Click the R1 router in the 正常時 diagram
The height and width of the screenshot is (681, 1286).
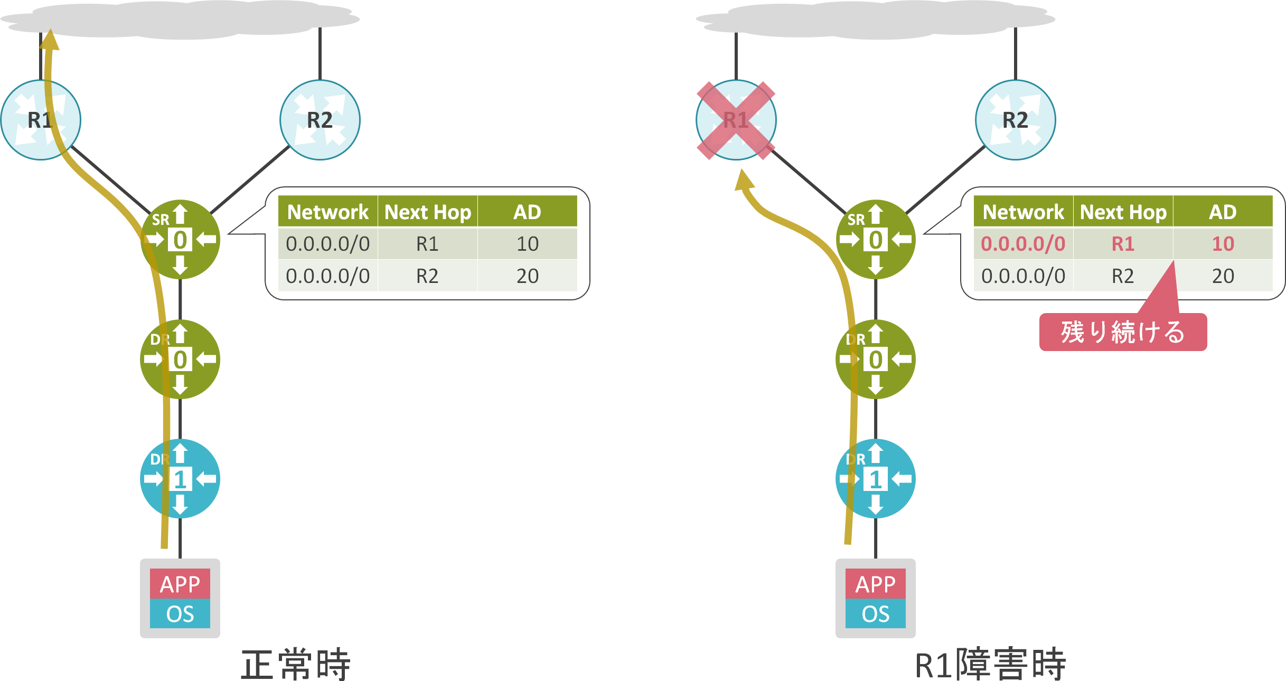click(41, 120)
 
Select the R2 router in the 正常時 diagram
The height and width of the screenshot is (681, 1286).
click(320, 120)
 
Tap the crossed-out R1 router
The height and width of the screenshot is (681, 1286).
click(736, 120)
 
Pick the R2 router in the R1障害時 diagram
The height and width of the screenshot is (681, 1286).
click(1015, 120)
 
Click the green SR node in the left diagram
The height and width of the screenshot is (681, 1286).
click(180, 239)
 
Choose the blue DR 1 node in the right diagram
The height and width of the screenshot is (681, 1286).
click(875, 479)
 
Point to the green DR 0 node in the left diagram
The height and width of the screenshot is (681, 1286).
click(180, 359)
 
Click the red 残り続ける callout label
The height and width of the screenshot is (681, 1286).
click(1123, 332)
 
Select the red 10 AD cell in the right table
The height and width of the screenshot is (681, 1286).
click(1223, 244)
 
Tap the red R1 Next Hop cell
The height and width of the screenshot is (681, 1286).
click(1123, 244)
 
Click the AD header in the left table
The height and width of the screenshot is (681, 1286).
click(527, 212)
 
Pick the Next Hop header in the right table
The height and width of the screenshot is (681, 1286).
click(1123, 212)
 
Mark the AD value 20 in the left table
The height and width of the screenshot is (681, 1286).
click(527, 276)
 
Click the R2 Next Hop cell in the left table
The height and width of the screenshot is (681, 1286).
click(427, 276)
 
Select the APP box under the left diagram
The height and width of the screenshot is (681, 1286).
click(180, 584)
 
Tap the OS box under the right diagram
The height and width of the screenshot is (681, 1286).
click(875, 614)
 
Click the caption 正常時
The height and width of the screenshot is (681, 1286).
click(296, 664)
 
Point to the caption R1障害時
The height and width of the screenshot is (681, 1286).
click(990, 664)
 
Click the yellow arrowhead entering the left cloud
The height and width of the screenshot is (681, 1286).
click(50, 40)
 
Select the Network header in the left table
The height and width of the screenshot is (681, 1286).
click(327, 212)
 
